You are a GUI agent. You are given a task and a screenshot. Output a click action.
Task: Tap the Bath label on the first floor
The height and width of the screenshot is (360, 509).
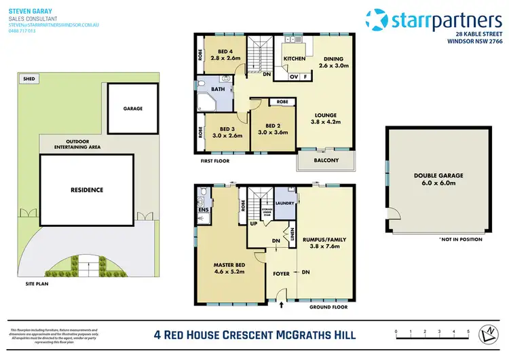(x=219, y=88)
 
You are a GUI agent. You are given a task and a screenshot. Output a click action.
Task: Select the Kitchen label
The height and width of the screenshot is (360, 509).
(x=294, y=58)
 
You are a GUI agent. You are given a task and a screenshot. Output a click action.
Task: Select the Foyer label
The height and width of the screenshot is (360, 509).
(x=281, y=274)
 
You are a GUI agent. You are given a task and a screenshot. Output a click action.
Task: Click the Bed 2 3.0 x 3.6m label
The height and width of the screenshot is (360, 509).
(x=272, y=129)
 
